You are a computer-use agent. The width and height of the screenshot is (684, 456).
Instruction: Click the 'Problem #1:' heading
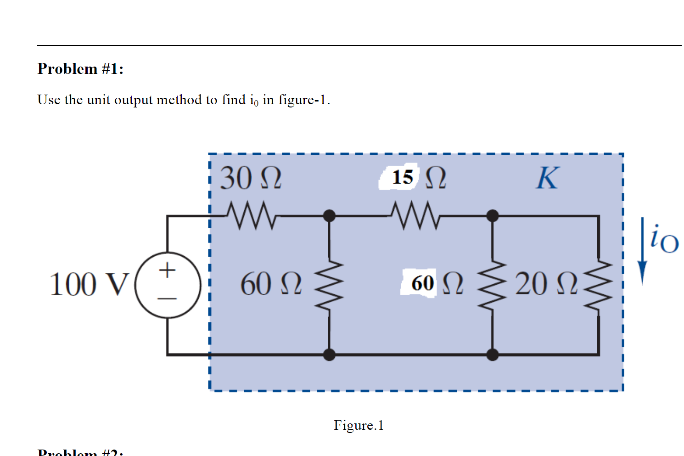pyautogui.click(x=80, y=69)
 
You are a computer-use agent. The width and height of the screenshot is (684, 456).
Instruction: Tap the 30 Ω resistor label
pyautogui.click(x=251, y=178)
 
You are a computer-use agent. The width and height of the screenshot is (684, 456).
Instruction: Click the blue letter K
pyautogui.click(x=547, y=178)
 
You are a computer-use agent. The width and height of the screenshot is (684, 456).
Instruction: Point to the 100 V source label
pyautogui.click(x=88, y=284)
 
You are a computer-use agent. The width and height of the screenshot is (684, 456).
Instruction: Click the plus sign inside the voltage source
pyautogui.click(x=168, y=270)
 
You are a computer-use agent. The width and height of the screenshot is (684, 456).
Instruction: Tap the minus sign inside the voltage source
pyautogui.click(x=168, y=299)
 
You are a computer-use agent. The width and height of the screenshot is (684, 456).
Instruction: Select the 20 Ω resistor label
pyautogui.click(x=545, y=284)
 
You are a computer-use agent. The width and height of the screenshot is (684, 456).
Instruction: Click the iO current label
pyautogui.click(x=664, y=239)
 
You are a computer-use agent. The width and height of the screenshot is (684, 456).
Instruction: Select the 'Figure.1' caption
pyautogui.click(x=359, y=425)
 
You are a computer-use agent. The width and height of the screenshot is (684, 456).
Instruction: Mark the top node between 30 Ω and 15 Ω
pyautogui.click(x=329, y=215)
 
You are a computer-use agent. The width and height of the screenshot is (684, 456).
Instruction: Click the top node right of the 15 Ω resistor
pyautogui.click(x=493, y=215)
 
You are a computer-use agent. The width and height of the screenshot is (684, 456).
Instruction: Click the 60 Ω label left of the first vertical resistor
pyautogui.click(x=271, y=284)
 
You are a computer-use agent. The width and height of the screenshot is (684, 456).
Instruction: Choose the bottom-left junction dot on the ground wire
pyautogui.click(x=329, y=355)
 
